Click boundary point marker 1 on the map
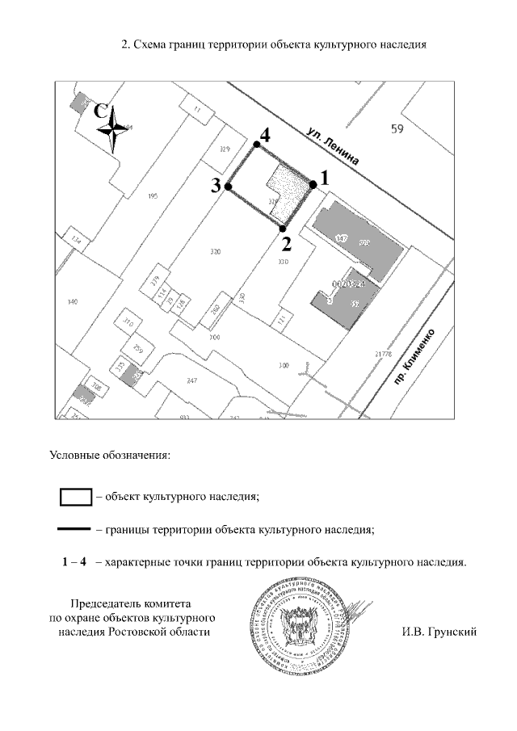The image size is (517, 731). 313,185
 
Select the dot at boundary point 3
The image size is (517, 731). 229,187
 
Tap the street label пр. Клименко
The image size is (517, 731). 418,358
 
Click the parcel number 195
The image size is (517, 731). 153,197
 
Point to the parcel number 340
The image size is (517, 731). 73,301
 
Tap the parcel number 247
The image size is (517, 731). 191,380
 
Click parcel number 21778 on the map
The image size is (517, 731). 383,354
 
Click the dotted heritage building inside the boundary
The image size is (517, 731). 291,192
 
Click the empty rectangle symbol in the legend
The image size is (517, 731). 76,496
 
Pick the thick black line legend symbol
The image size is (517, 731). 74,531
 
